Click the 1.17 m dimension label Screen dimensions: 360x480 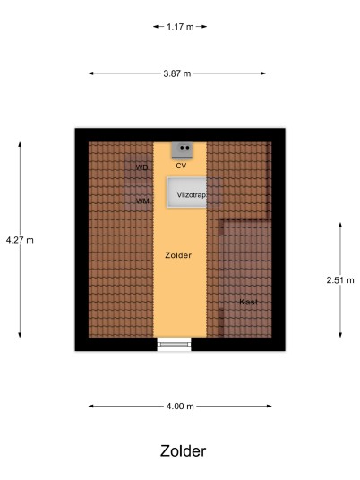pyautogui.click(x=180, y=27)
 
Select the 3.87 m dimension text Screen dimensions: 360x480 pyautogui.click(x=177, y=73)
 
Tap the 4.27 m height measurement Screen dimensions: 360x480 pyautogui.click(x=20, y=240)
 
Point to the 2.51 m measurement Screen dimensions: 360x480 pyautogui.click(x=340, y=279)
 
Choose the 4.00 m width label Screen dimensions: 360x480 pyautogui.click(x=180, y=407)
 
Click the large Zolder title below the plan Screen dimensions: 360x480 pyautogui.click(x=183, y=451)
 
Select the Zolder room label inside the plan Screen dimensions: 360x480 pyautogui.click(x=178, y=255)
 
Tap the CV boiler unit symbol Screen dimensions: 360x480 pyautogui.click(x=182, y=150)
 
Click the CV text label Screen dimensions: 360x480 pyautogui.click(x=181, y=166)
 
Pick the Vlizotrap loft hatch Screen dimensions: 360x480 pyautogui.click(x=187, y=193)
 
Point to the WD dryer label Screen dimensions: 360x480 pyautogui.click(x=141, y=167)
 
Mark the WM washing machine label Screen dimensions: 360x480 pyautogui.click(x=142, y=201)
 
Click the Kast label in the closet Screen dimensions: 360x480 pyautogui.click(x=248, y=302)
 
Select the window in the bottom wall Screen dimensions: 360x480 pyautogui.click(x=175, y=344)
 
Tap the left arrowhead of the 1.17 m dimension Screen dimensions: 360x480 pyautogui.click(x=156, y=27)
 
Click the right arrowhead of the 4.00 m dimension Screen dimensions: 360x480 pyautogui.click(x=269, y=407)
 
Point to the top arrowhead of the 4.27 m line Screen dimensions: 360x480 pyautogui.click(x=20, y=144)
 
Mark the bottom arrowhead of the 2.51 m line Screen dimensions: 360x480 pyautogui.click(x=340, y=335)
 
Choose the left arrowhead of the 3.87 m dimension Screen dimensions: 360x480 pyautogui.click(x=91, y=73)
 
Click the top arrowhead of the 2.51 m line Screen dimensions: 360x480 pyautogui.click(x=340, y=225)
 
